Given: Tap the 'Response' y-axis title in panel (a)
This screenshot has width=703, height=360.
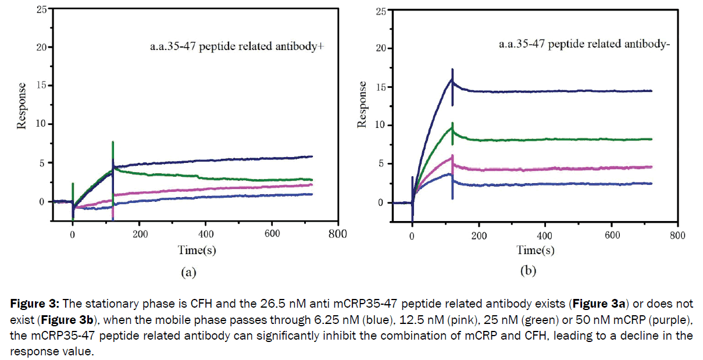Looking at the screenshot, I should tap(22, 106).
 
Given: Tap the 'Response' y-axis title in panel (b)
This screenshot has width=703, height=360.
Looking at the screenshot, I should tap(362, 105).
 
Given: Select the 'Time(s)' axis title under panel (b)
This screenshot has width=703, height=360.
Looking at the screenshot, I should tap(536, 251).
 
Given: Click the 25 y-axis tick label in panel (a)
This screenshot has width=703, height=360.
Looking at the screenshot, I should tap(41, 9).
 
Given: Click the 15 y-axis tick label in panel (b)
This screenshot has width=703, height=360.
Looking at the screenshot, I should tap(381, 87).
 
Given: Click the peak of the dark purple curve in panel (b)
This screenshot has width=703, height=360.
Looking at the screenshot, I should tap(452, 70).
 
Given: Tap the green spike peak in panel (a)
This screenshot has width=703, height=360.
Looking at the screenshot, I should tap(113, 142).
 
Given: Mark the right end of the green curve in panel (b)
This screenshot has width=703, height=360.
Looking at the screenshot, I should tap(651, 139).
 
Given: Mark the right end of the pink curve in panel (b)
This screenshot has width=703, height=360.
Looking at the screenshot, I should tap(651, 167).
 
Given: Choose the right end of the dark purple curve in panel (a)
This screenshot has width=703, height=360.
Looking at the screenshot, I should tap(312, 156).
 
